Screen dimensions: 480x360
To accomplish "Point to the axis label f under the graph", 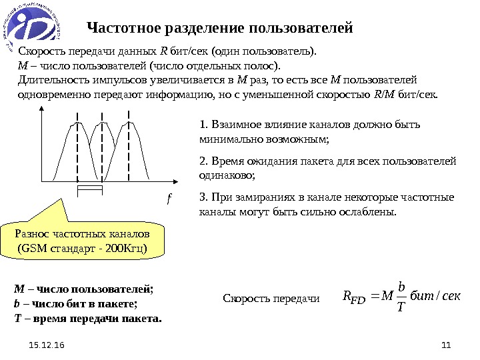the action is click(x=169, y=198).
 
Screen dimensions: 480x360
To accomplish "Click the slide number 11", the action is click(x=447, y=345).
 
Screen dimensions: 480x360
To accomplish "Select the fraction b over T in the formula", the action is click(x=401, y=295).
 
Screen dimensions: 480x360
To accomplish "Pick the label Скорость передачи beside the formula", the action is click(x=271, y=299).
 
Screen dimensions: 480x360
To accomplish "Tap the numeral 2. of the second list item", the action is click(x=204, y=161).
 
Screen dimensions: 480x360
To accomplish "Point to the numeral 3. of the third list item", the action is click(x=204, y=197).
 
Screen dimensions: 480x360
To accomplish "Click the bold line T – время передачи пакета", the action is click(x=88, y=319).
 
